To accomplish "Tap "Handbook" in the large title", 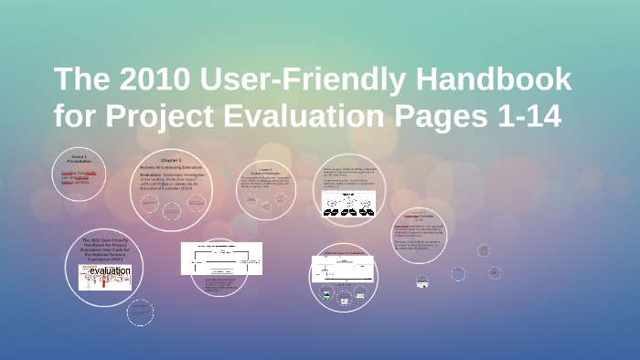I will (x=494, y=80).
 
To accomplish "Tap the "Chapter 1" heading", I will (x=171, y=160).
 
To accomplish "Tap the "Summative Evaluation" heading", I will (x=417, y=216).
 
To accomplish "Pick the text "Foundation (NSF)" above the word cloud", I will (x=103, y=259).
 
